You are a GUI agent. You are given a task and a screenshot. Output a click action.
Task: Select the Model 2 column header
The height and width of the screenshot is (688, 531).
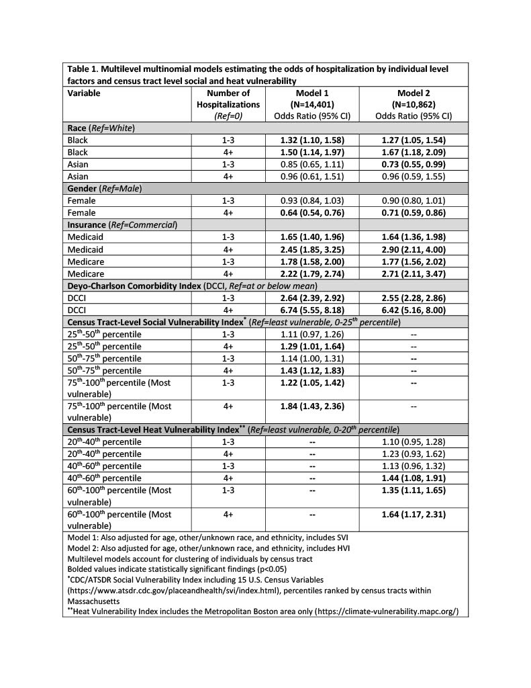414,104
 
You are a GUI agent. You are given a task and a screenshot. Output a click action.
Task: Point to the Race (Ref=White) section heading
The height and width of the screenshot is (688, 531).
101,128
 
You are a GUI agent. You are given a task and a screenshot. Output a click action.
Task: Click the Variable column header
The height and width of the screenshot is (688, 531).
84,93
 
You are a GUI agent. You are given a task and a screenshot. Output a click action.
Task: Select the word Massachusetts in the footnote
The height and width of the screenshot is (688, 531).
94,599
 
